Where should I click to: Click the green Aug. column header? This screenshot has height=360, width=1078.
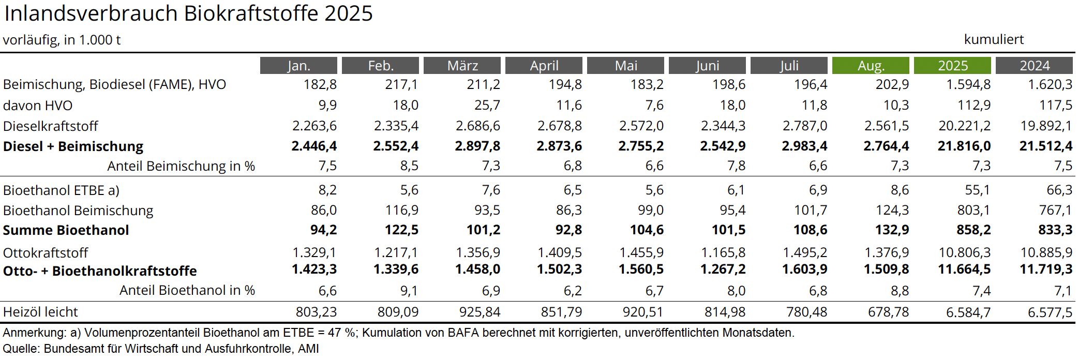(x=871, y=66)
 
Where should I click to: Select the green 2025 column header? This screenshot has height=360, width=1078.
(x=952, y=66)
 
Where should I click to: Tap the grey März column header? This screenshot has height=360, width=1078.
(x=462, y=66)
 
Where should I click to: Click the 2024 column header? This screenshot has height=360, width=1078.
(x=1034, y=66)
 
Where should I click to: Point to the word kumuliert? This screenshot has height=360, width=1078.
(x=994, y=39)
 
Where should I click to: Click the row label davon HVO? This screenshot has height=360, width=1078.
(x=38, y=106)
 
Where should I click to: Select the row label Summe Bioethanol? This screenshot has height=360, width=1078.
(x=66, y=230)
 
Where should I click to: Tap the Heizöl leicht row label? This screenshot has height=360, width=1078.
(x=40, y=312)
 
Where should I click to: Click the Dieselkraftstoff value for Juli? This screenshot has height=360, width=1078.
(x=804, y=126)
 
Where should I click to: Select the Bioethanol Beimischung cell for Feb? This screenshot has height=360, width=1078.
(x=401, y=210)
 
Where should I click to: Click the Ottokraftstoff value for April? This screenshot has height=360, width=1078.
(x=559, y=252)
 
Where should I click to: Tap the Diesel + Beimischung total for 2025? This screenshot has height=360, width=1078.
(x=964, y=146)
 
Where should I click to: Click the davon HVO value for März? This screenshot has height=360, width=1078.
(x=487, y=106)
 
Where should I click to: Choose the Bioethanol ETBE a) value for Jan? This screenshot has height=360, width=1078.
(x=327, y=190)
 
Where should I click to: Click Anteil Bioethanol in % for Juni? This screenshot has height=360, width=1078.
(x=736, y=291)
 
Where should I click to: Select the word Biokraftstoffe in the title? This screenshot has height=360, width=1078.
(x=251, y=13)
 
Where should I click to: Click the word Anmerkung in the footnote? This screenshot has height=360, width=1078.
(x=34, y=333)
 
